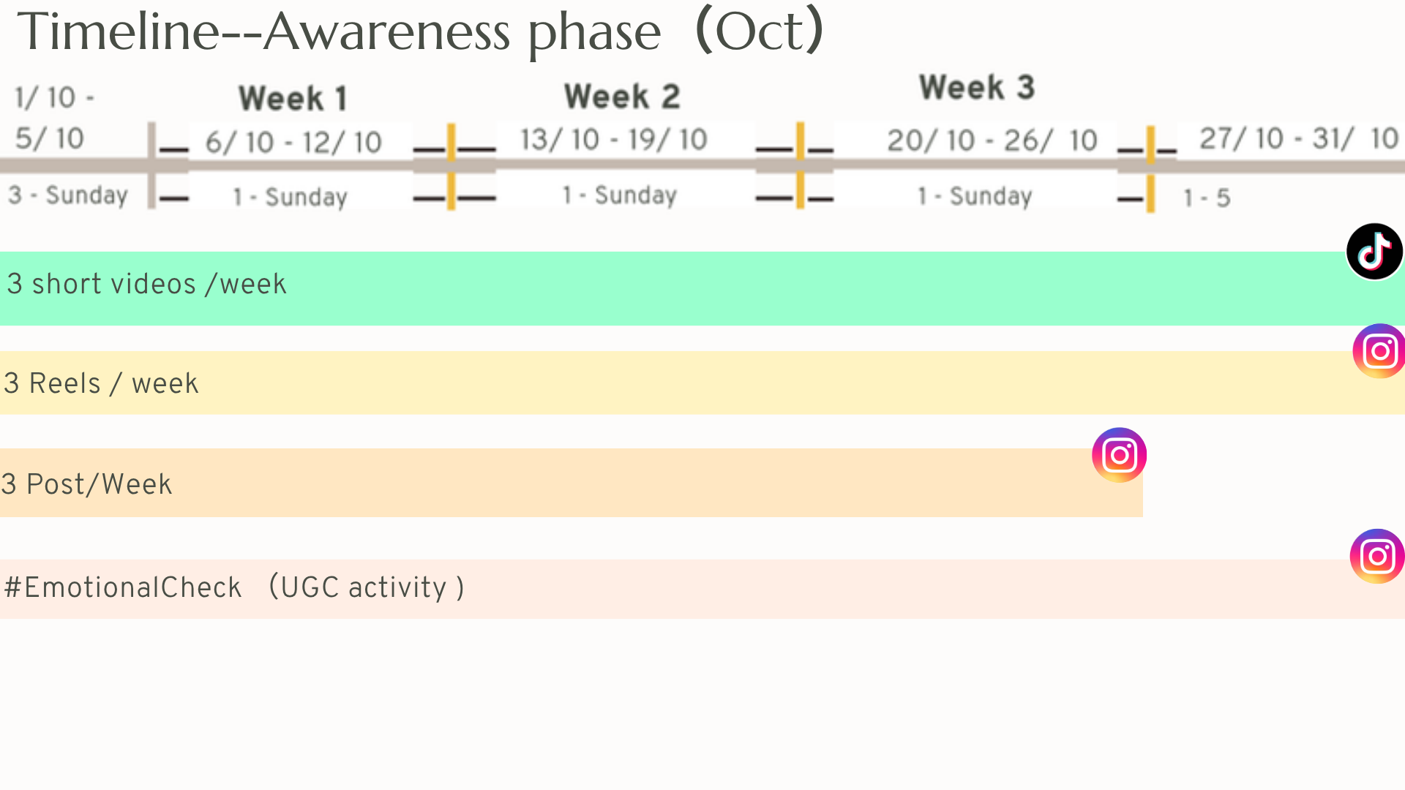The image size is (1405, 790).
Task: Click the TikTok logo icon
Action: coord(1374,252)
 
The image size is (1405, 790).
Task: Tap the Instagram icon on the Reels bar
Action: coord(1379,351)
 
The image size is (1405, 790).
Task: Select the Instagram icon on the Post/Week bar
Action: coord(1119,455)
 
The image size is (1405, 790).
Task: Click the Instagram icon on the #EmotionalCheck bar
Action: coord(1377,556)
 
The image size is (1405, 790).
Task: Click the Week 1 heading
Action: coord(293,98)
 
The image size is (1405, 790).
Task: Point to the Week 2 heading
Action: coord(622,97)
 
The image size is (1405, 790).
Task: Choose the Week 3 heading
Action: coord(977,88)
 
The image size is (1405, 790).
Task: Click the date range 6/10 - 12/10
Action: coord(293,142)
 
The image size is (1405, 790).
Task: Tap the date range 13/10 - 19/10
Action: coord(613,139)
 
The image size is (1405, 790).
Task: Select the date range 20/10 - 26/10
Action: coord(992,140)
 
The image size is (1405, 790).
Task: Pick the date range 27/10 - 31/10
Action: coord(1299,138)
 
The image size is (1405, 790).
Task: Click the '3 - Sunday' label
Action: coord(68,195)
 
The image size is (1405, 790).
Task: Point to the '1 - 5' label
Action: coord(1207,197)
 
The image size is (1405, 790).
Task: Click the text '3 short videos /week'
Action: coord(146,284)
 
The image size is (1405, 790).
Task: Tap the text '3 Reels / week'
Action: coord(101,383)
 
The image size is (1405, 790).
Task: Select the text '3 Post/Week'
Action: coord(86,484)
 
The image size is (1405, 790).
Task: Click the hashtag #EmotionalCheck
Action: coord(123,587)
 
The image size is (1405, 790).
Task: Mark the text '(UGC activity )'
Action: coord(367,587)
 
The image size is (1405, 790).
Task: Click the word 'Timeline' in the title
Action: coord(119,32)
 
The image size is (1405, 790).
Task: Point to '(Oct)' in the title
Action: coord(760,31)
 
